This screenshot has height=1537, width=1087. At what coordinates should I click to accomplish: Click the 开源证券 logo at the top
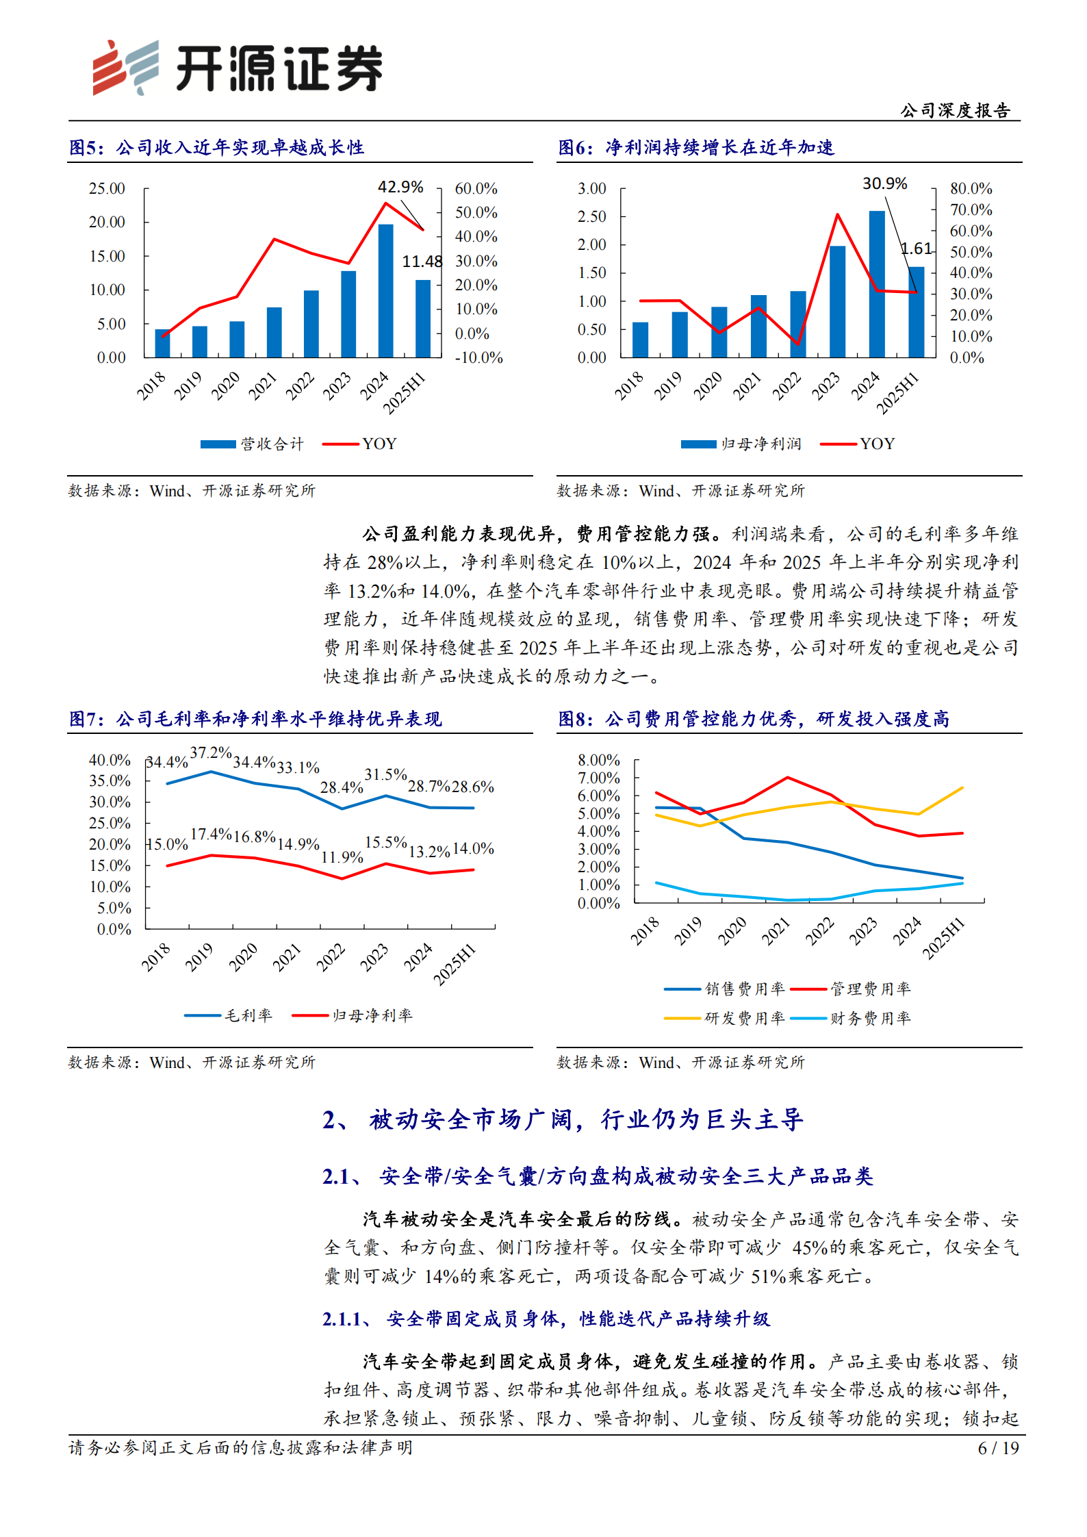[237, 68]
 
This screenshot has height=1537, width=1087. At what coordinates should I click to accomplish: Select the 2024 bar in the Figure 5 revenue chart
[385, 290]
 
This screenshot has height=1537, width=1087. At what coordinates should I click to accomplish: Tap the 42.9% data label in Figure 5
[400, 187]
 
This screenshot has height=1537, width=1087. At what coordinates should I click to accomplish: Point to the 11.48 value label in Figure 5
[422, 262]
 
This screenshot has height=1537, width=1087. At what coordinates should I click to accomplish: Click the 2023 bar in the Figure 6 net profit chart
[837, 301]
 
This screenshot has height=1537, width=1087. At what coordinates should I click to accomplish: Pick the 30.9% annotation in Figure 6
[884, 183]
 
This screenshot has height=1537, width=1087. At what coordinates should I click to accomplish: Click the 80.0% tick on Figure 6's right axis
[971, 188]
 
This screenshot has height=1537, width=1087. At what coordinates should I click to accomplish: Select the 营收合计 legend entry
[252, 444]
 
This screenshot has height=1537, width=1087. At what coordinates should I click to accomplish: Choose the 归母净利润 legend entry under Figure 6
[741, 444]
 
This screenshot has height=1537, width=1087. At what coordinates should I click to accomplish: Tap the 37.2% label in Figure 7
[211, 753]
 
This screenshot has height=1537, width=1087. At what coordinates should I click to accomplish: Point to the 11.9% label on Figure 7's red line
[342, 857]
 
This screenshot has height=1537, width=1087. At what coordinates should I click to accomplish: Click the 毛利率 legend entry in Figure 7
[229, 1015]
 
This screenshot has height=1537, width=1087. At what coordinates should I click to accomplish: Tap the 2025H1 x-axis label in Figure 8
[944, 939]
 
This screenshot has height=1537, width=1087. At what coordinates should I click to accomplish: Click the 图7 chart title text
[255, 719]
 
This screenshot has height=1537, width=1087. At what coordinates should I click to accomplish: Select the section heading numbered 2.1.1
[546, 1319]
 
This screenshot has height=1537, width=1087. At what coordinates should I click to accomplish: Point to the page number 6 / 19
[998, 1448]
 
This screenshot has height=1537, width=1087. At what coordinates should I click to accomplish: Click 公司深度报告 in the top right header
[954, 110]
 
